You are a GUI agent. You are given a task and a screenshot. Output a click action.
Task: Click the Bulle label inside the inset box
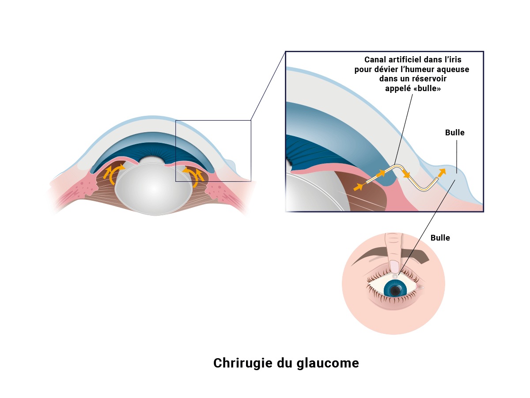(454, 133)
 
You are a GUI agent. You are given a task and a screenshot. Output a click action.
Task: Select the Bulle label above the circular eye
(440, 238)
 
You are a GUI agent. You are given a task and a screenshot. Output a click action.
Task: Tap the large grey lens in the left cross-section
(153, 189)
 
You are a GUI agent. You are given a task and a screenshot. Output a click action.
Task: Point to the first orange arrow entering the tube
(358, 187)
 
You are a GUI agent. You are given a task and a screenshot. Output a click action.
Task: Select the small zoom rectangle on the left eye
(213, 150)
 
